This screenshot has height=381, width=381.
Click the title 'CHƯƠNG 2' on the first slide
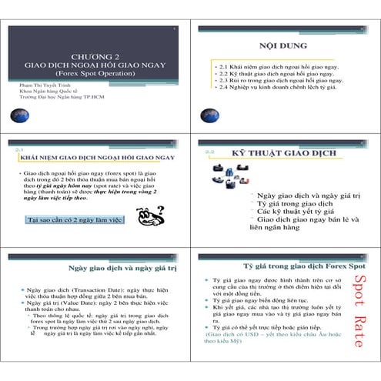click(x=94, y=56)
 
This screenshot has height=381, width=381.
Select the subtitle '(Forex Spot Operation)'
click(x=94, y=75)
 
